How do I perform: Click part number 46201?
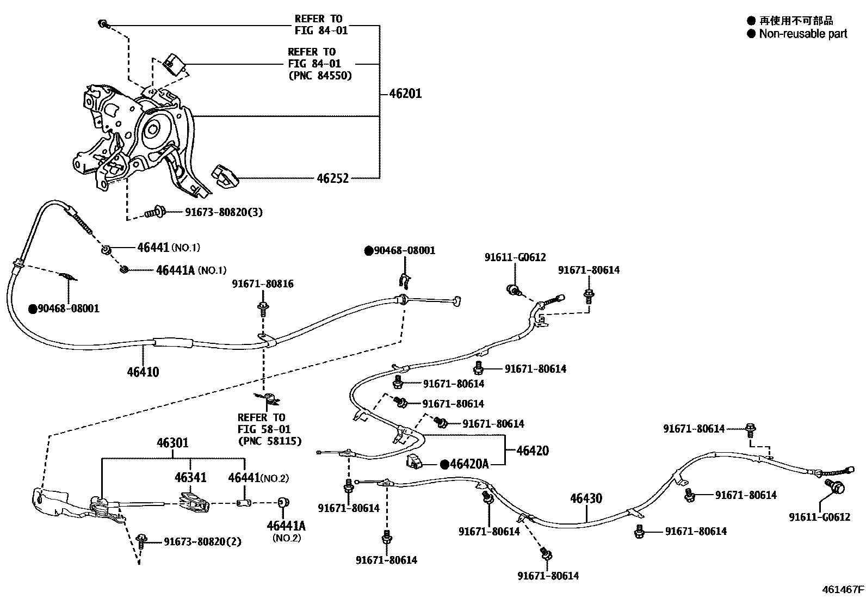(x=405, y=94)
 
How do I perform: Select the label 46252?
(x=332, y=178)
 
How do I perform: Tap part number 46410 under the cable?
(x=143, y=372)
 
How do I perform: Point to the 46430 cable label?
(x=586, y=498)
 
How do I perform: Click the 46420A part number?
(x=469, y=464)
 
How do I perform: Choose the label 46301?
(x=172, y=443)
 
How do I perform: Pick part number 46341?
(x=190, y=478)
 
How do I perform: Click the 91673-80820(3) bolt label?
(x=216, y=212)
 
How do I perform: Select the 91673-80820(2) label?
(x=202, y=542)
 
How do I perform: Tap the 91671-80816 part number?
(x=263, y=284)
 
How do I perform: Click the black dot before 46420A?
(x=445, y=464)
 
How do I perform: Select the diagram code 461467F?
(x=843, y=589)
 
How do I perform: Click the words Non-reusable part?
(x=803, y=34)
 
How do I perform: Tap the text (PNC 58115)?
(x=269, y=441)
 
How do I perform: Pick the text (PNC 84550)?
(x=320, y=76)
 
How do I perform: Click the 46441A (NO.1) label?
(x=191, y=270)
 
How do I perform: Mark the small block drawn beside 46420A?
(x=416, y=461)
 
